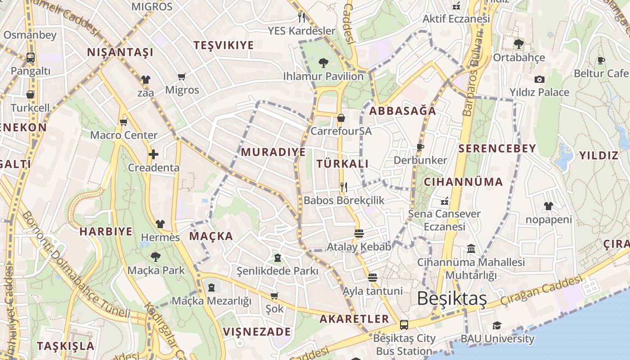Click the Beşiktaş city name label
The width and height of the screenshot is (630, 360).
coord(452,298)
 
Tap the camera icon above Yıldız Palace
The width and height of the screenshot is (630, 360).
coord(539,80)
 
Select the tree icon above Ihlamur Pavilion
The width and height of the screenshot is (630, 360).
coord(323,63)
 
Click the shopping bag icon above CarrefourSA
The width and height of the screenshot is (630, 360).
coord(341,118)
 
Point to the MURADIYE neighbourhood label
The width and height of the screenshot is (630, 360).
coord(273,152)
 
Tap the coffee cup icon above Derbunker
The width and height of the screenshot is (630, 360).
coord(420,147)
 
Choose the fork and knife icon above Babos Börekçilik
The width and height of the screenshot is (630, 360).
coord(344,187)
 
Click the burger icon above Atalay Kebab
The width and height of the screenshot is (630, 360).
coord(359,234)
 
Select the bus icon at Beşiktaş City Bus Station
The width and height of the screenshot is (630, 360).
coord(404,324)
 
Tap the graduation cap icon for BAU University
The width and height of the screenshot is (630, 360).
coord(497,325)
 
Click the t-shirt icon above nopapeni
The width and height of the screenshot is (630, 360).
coord(548,207)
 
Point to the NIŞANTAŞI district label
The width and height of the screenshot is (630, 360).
coord(120,52)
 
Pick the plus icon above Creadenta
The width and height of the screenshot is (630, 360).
coord(153,155)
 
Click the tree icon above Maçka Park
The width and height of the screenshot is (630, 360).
coord(156,257)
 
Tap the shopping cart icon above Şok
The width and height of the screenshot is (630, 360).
coord(274,296)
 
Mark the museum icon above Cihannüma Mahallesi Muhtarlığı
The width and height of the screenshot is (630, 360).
coord(471,248)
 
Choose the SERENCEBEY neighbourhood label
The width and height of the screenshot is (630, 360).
coord(497,148)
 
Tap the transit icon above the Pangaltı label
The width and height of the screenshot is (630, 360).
coord(30,58)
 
